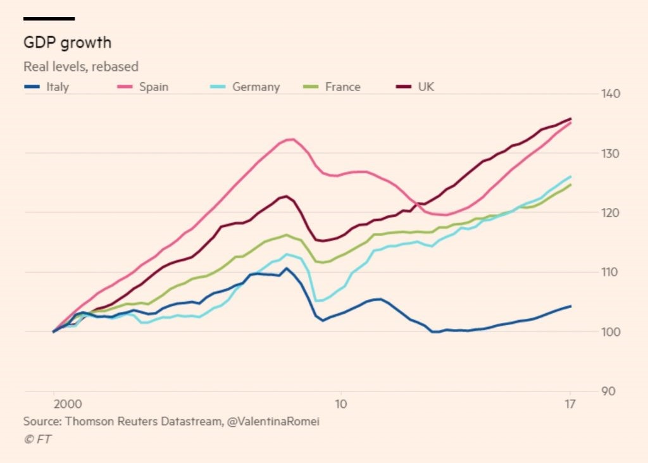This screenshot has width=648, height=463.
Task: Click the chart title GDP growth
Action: (67, 43)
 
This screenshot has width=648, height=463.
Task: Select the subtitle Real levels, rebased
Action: (81, 66)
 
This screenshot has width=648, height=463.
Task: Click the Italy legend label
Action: (58, 87)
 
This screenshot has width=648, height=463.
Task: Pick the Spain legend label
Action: (154, 87)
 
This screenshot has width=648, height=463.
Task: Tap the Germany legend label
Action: (256, 87)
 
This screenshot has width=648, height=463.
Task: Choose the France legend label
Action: (342, 87)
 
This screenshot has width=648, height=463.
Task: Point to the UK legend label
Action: (425, 87)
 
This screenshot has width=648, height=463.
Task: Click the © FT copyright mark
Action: (37, 439)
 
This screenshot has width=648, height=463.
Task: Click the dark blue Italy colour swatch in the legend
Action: (32, 87)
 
